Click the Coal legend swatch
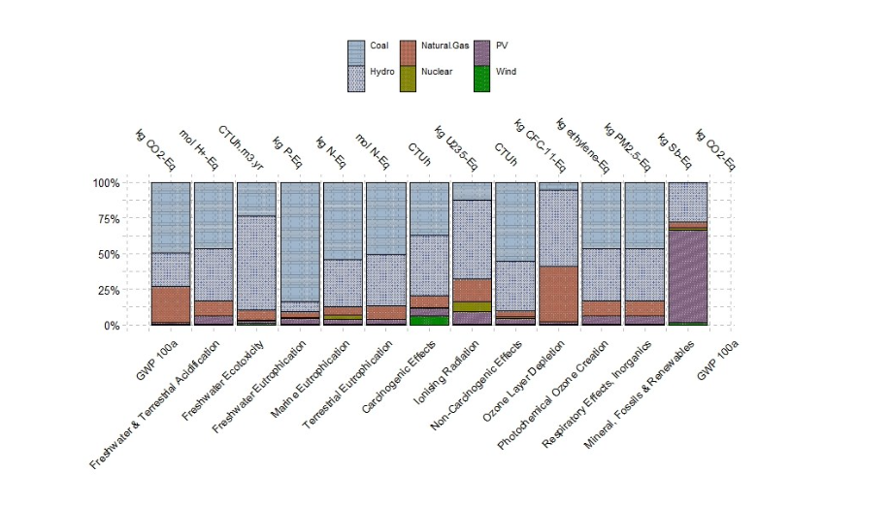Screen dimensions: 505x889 coord(356,52)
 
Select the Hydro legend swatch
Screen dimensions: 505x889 coord(356,79)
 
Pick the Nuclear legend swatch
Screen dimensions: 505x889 coord(408,79)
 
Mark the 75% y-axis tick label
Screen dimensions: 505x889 coord(107,218)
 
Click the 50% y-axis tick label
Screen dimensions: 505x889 coord(107,254)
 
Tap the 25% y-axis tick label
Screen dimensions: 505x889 coord(107,290)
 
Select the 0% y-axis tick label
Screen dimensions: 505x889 coord(110,326)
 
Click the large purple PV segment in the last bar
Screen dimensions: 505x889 coord(688,276)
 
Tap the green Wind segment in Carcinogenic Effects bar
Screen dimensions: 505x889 coord(429,320)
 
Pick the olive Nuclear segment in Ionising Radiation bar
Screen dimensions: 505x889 coord(472,306)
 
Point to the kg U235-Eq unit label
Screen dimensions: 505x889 coord(457,147)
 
